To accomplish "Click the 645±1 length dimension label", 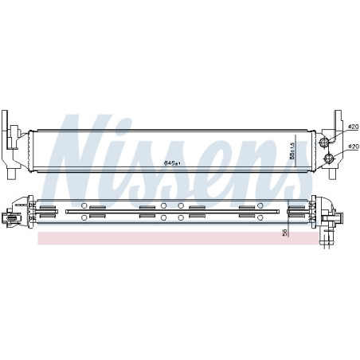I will [x=172, y=163].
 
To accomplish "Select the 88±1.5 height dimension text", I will [x=292, y=148].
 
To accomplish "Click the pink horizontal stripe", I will [x=159, y=237].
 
